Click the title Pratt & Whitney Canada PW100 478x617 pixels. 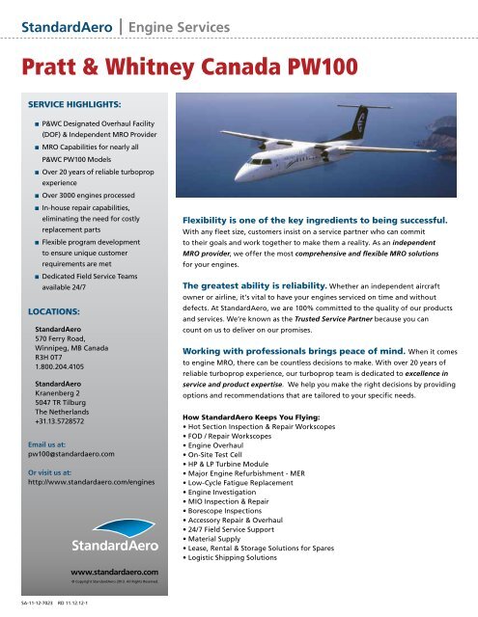click(185, 67)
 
